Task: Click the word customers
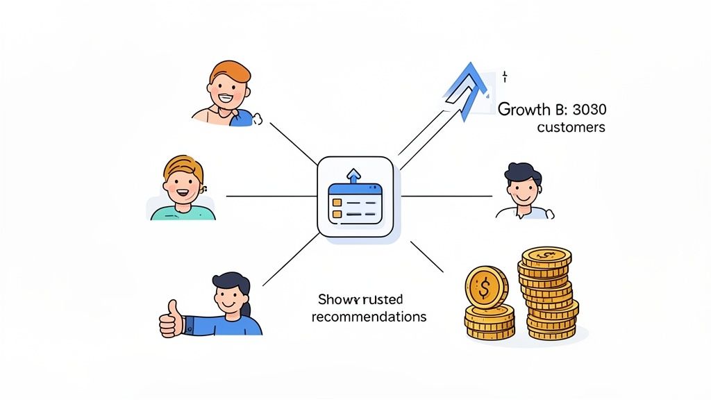571,128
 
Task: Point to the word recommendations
369,317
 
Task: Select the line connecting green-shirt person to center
271,196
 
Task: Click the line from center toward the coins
427,256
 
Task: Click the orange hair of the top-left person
230,69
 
